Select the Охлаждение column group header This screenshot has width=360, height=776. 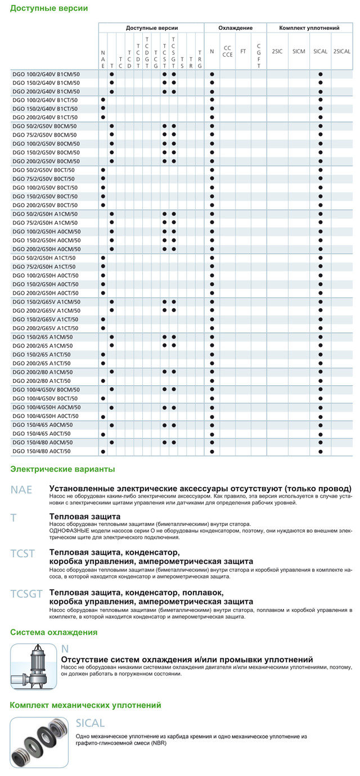(235, 28)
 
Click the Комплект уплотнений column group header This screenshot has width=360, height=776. (309, 28)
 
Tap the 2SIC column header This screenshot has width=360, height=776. (277, 51)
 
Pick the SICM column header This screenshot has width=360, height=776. (299, 51)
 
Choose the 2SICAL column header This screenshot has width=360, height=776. (342, 51)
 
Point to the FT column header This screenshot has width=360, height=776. (243, 51)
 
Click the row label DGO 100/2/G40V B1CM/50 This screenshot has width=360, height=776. (46, 74)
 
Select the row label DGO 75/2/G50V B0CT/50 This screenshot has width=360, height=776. (43, 179)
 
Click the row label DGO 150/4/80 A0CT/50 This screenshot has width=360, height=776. (42, 451)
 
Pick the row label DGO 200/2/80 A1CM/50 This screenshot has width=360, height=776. (42, 372)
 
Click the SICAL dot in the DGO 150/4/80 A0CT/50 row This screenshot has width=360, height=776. (320, 451)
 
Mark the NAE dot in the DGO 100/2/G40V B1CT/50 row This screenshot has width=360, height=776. (103, 100)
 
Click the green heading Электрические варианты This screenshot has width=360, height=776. (62, 468)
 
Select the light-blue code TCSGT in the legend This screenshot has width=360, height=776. (26, 594)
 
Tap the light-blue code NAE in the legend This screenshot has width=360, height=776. (22, 489)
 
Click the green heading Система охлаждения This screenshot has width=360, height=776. (53, 632)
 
